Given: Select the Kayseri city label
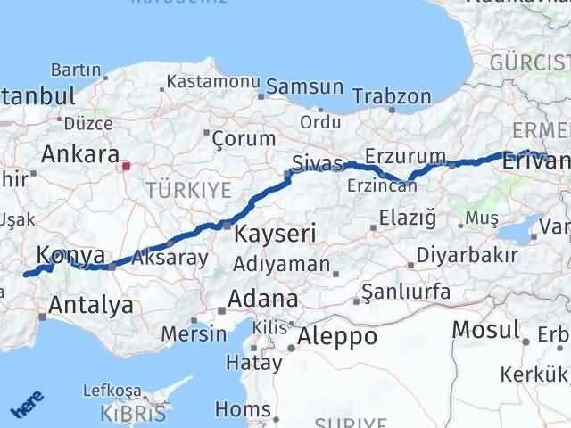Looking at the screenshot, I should click(275, 234).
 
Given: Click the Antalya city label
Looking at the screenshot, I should click(91, 305).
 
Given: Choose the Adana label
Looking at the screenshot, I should click(262, 298).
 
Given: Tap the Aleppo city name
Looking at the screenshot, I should click(337, 336).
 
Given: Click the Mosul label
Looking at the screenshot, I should click(485, 329).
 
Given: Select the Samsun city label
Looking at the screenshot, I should click(305, 87).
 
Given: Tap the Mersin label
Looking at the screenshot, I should click(194, 334).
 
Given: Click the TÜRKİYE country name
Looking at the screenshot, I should click(188, 189).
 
